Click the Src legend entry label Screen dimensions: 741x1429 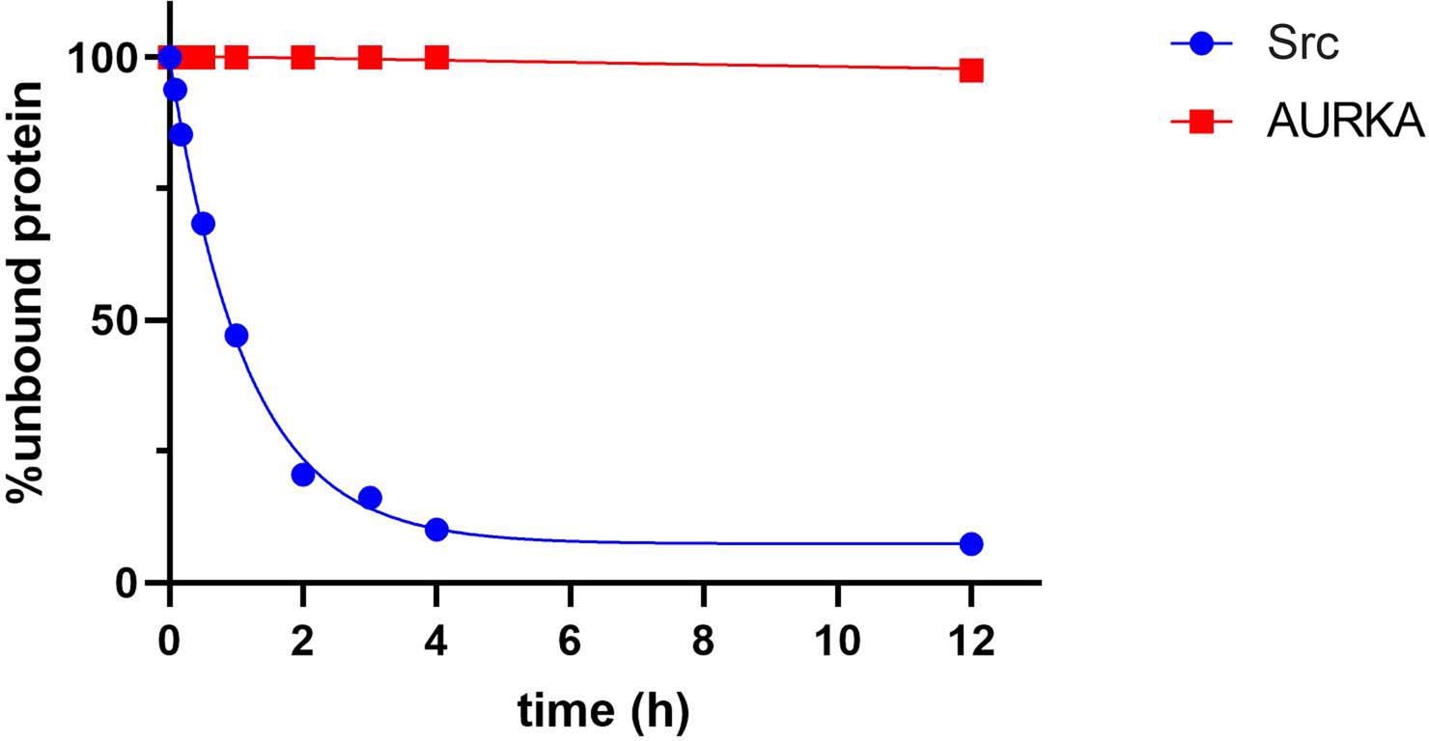[x=1303, y=44]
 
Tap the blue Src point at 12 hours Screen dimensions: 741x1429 [x=971, y=544]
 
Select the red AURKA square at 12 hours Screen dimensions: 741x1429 [x=971, y=70]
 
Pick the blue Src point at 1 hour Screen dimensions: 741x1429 [x=237, y=336]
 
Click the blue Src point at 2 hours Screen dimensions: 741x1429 [x=303, y=475]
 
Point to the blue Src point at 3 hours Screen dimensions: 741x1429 [x=370, y=498]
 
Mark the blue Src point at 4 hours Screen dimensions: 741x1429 [x=436, y=530]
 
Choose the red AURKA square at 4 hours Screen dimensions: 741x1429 [x=436, y=57]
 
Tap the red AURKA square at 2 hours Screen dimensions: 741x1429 [x=303, y=57]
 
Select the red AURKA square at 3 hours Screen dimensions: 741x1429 [x=370, y=57]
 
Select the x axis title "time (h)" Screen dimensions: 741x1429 [x=603, y=711]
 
